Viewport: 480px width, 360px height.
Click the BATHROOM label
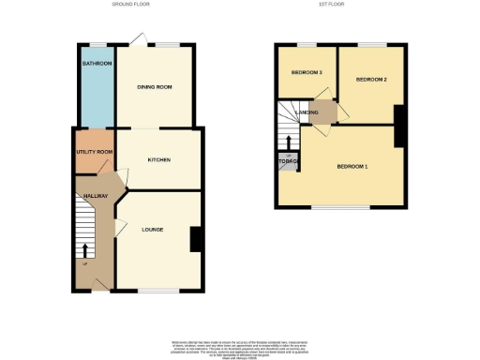[97, 64]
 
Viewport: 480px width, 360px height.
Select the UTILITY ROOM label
[95, 151]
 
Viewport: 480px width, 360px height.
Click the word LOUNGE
[153, 228]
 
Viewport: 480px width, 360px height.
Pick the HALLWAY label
[95, 195]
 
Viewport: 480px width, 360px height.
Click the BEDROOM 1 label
[352, 167]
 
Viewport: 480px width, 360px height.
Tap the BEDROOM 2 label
[371, 81]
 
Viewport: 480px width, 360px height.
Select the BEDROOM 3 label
[307, 72]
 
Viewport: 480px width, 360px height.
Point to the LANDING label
[307, 113]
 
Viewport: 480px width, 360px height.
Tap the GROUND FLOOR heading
[131, 5]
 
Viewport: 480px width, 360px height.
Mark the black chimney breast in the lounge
[196, 239]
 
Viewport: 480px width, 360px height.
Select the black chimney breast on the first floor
[399, 126]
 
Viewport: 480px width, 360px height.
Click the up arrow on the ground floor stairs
[87, 249]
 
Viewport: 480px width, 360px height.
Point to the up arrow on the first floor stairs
[288, 142]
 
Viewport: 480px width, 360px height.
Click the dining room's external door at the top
[138, 39]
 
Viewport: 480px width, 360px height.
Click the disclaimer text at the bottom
[240, 342]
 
